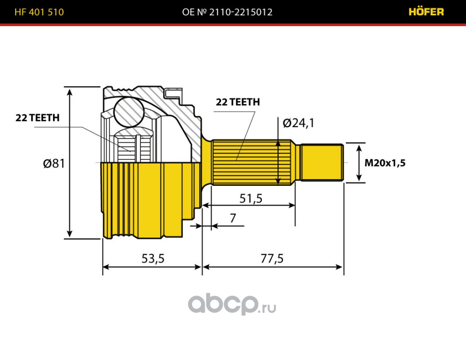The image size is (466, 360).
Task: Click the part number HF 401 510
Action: coord(39,12)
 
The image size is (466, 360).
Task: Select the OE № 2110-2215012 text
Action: coord(227,12)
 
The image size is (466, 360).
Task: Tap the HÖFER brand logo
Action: coord(426,12)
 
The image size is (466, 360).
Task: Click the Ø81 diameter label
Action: coord(54,163)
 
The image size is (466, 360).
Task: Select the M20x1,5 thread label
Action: coord(385,163)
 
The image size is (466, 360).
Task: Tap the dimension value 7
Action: coord(233,218)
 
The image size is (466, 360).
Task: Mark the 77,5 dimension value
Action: coord(272,258)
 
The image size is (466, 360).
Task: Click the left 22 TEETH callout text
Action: coord(38,118)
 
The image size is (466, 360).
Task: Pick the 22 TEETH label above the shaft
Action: coord(238,102)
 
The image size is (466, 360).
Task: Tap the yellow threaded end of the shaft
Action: coord(321,162)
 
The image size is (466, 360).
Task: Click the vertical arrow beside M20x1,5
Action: coord(359,162)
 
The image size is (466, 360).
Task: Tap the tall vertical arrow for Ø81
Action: coord(70,162)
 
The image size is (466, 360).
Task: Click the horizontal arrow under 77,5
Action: coord(273,267)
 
